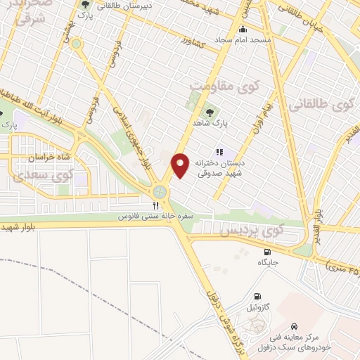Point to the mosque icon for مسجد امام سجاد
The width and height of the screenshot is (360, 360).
pyautogui.click(x=243, y=30)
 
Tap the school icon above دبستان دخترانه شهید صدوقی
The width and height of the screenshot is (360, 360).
pyautogui.click(x=219, y=151)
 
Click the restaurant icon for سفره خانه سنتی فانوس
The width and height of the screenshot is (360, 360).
pyautogui.click(x=156, y=205)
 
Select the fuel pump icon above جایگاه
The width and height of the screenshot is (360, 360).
pyautogui.click(x=267, y=252)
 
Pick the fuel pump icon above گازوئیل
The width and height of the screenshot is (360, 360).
pyautogui.click(x=257, y=296)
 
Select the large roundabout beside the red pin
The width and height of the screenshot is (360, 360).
pyautogui.click(x=162, y=191)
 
